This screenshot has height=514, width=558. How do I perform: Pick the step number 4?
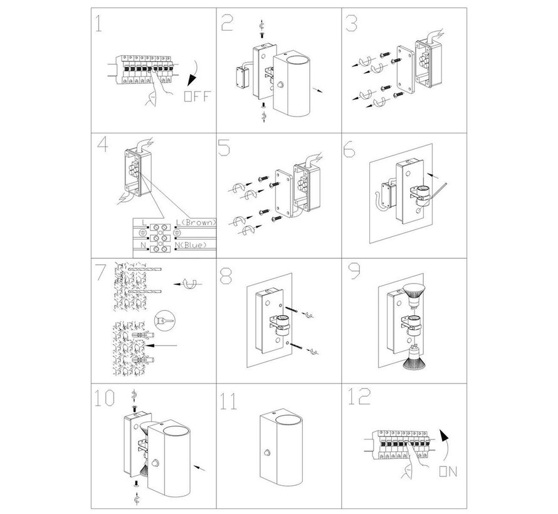pos(102,147)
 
